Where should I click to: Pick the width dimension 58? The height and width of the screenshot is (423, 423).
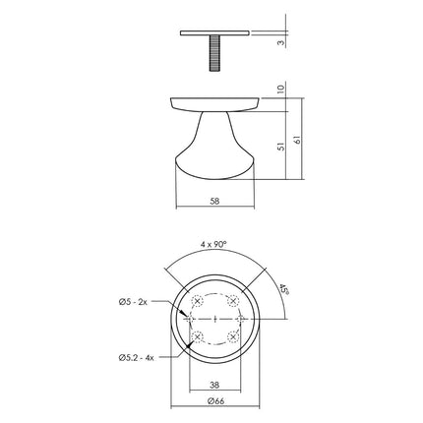pyautogui.click(x=215, y=201)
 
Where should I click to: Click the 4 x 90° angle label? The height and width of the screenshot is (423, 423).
pyautogui.click(x=215, y=243)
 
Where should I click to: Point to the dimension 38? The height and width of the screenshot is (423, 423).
pyautogui.click(x=215, y=385)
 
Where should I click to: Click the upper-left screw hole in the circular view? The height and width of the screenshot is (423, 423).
pyautogui.click(x=198, y=301)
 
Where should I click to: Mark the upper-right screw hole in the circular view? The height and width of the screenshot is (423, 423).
pyautogui.click(x=234, y=301)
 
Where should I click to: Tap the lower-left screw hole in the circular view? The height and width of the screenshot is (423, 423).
pyautogui.click(x=198, y=337)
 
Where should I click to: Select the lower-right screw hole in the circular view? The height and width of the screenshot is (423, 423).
pyautogui.click(x=234, y=337)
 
